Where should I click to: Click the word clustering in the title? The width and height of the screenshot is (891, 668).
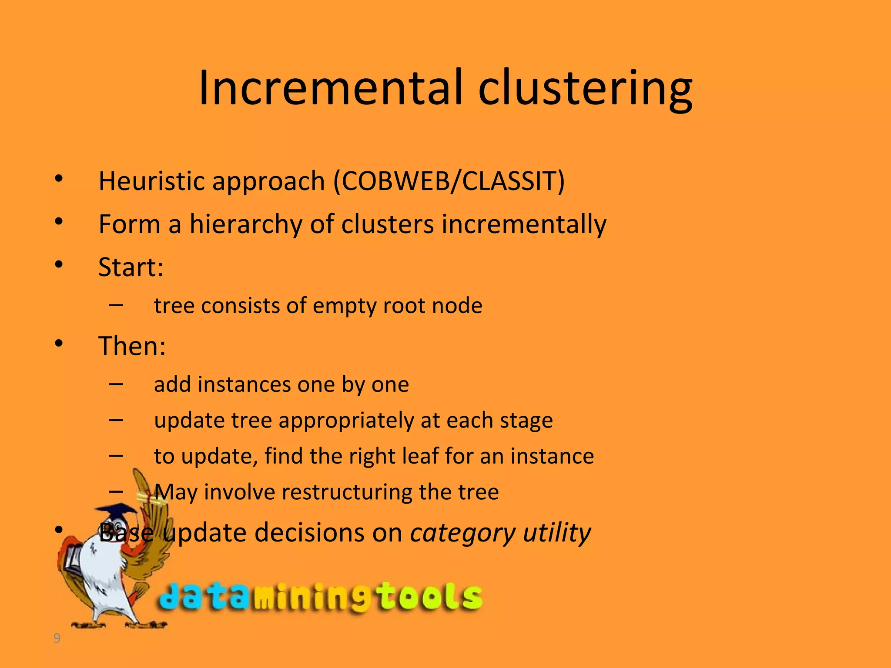(585, 90)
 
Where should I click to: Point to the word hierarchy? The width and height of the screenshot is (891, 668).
(246, 225)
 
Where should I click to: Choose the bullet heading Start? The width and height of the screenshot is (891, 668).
(131, 267)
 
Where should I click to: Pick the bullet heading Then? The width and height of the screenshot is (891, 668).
(132, 346)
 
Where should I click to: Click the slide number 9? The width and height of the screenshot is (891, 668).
(57, 638)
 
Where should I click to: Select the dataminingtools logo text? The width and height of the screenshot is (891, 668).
(320, 597)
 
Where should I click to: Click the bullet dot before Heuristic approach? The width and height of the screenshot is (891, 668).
(59, 178)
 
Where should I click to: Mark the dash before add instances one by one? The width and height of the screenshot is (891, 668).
(116, 384)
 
